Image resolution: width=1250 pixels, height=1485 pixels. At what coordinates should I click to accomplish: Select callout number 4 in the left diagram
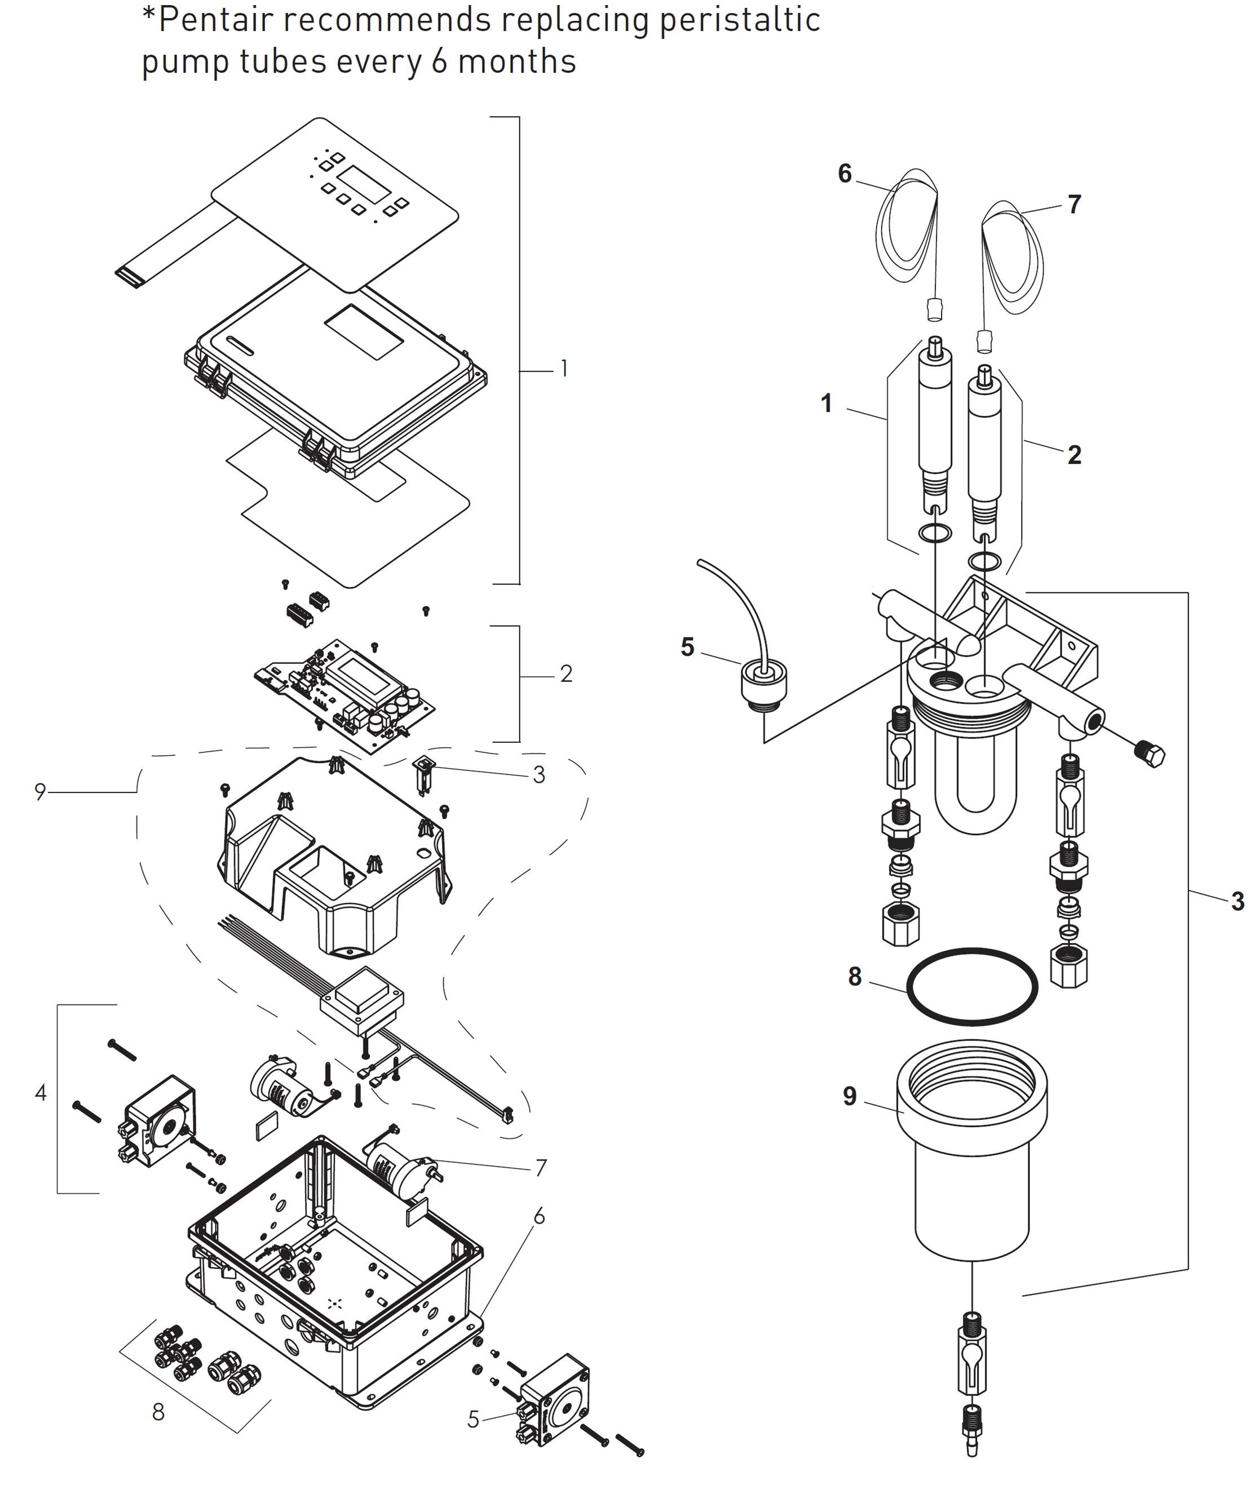click(x=41, y=1093)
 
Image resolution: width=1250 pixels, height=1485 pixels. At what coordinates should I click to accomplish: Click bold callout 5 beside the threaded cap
click(x=687, y=647)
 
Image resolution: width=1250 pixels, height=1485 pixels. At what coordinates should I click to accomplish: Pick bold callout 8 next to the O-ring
click(x=855, y=977)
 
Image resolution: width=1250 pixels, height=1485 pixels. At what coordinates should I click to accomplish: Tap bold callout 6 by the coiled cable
click(x=845, y=174)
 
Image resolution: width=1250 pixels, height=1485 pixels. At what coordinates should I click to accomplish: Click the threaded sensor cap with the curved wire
click(x=764, y=684)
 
